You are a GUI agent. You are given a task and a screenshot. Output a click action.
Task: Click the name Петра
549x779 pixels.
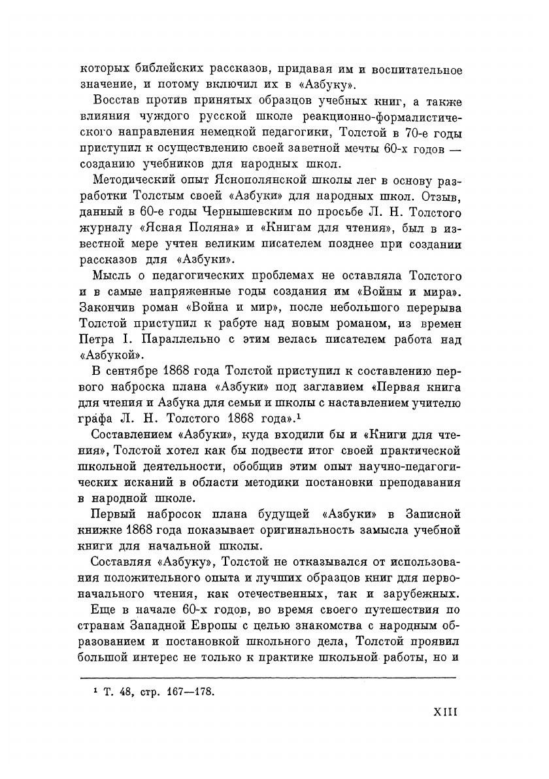point(97,341)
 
